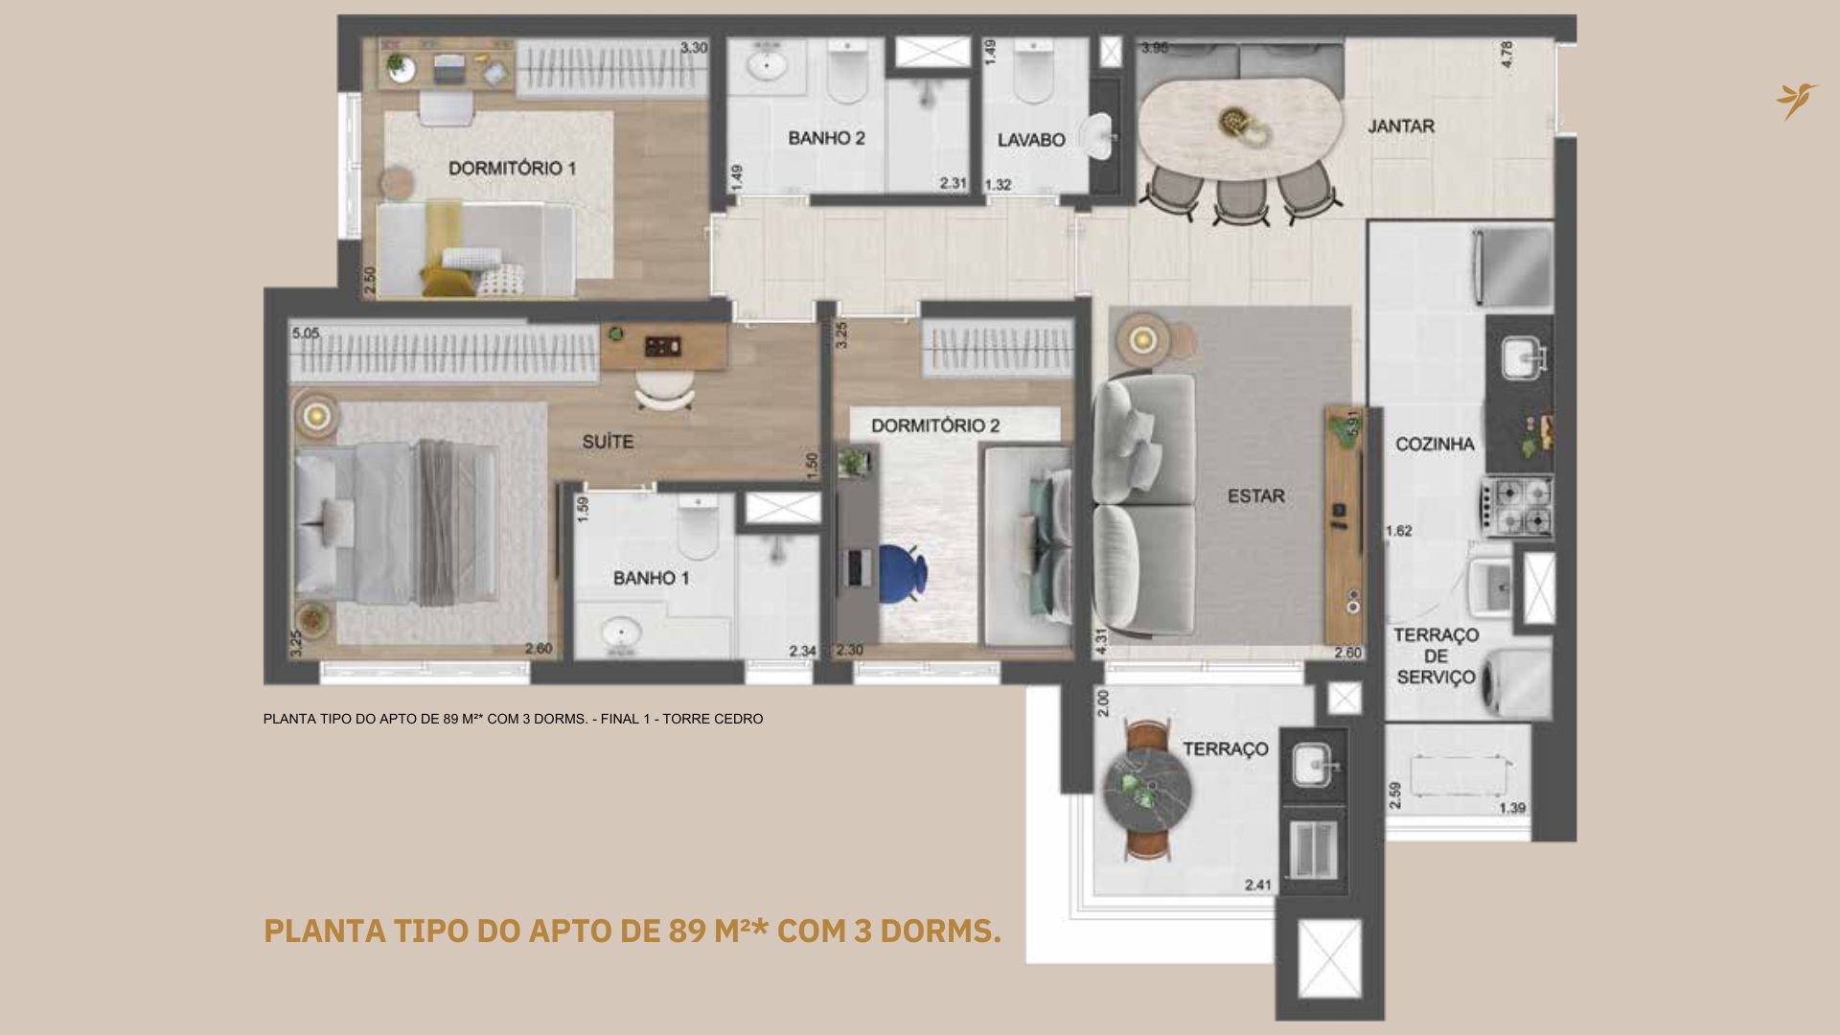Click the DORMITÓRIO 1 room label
[x=512, y=169]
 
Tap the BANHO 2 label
[x=826, y=139]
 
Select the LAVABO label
[x=1031, y=140]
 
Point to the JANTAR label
[x=1400, y=126]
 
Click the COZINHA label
[x=1435, y=444]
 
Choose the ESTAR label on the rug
[x=1255, y=496]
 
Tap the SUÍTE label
[x=608, y=442]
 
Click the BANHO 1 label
[x=651, y=578]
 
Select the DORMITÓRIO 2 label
[x=935, y=425]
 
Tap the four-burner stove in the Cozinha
[x=1519, y=507]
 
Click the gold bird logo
[x=1795, y=101]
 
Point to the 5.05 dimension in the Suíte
[x=305, y=333]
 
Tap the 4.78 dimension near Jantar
[x=1507, y=54]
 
